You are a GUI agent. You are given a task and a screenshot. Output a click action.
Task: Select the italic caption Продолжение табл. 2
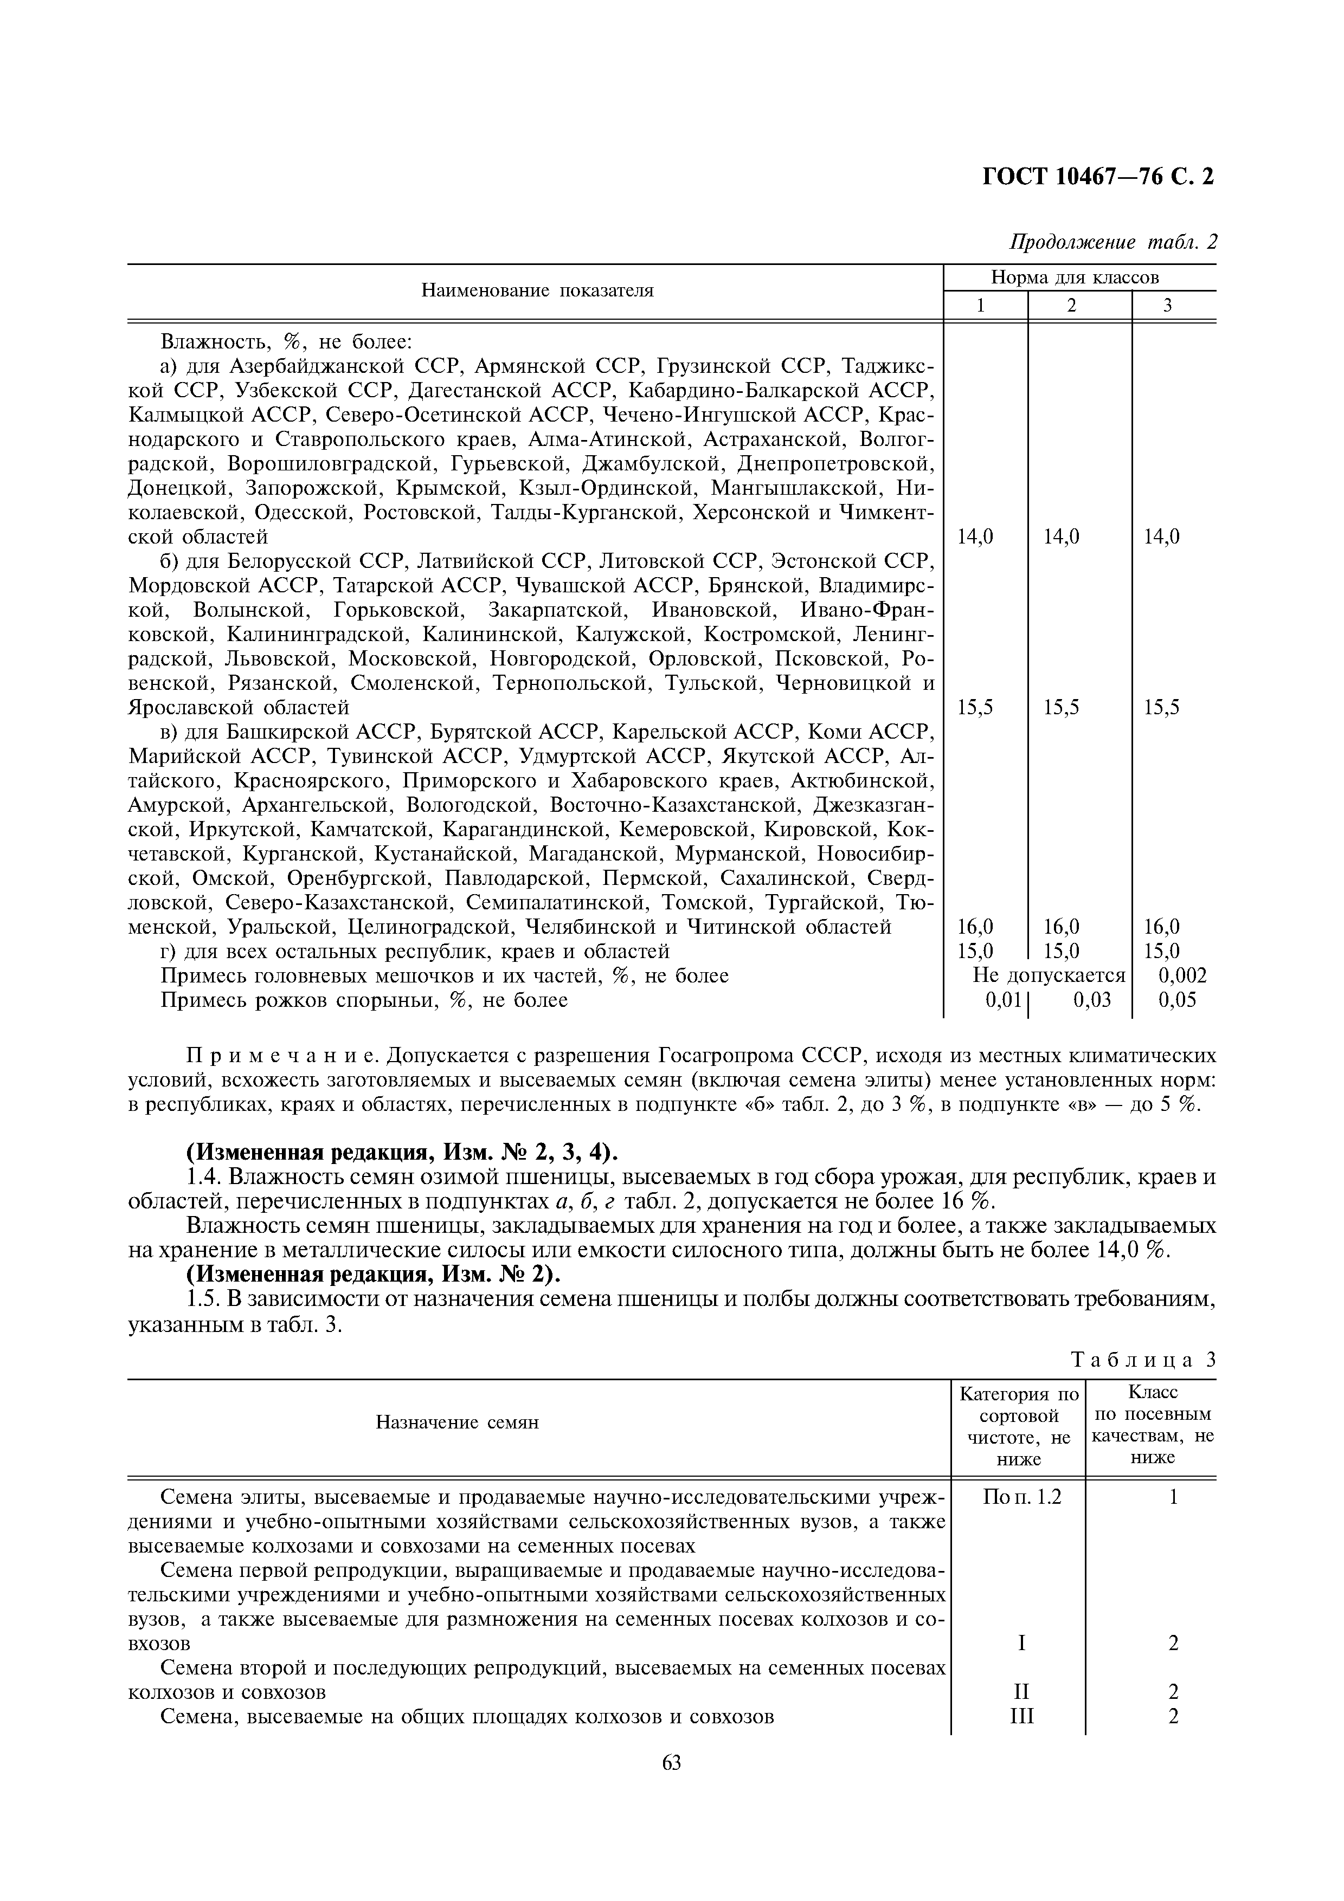tap(1113, 243)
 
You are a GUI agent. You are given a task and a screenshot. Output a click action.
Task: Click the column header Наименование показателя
tap(537, 290)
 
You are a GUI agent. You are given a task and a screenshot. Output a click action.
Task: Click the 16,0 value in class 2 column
tap(1061, 927)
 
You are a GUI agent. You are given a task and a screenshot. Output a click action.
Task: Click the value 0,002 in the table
tap(1182, 975)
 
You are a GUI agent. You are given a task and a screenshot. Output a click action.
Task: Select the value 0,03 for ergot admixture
tap(1091, 1000)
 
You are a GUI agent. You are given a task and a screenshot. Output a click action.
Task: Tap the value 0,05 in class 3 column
tap(1176, 1000)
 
